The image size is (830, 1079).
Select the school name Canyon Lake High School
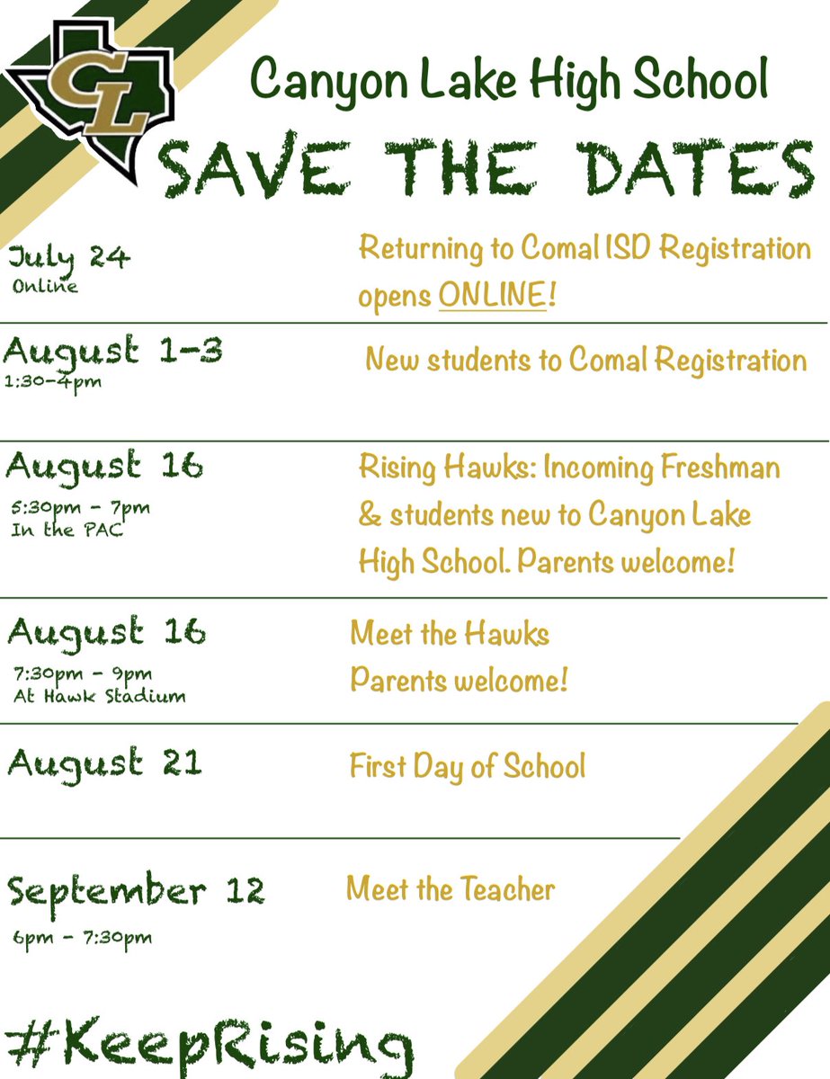pos(509,80)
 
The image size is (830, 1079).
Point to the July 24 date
pos(69,259)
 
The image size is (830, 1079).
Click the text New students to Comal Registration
pos(585,361)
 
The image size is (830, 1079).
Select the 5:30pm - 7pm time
pos(82,508)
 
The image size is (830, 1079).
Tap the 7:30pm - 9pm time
pos(84,673)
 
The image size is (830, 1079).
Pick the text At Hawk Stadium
pos(99,695)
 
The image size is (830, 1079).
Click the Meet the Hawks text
pos(450,635)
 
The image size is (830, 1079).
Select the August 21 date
pos(104,764)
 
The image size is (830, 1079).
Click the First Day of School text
pos(468,767)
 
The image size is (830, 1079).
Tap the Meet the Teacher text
pos(451,890)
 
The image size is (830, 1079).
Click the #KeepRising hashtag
pos(207,1043)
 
